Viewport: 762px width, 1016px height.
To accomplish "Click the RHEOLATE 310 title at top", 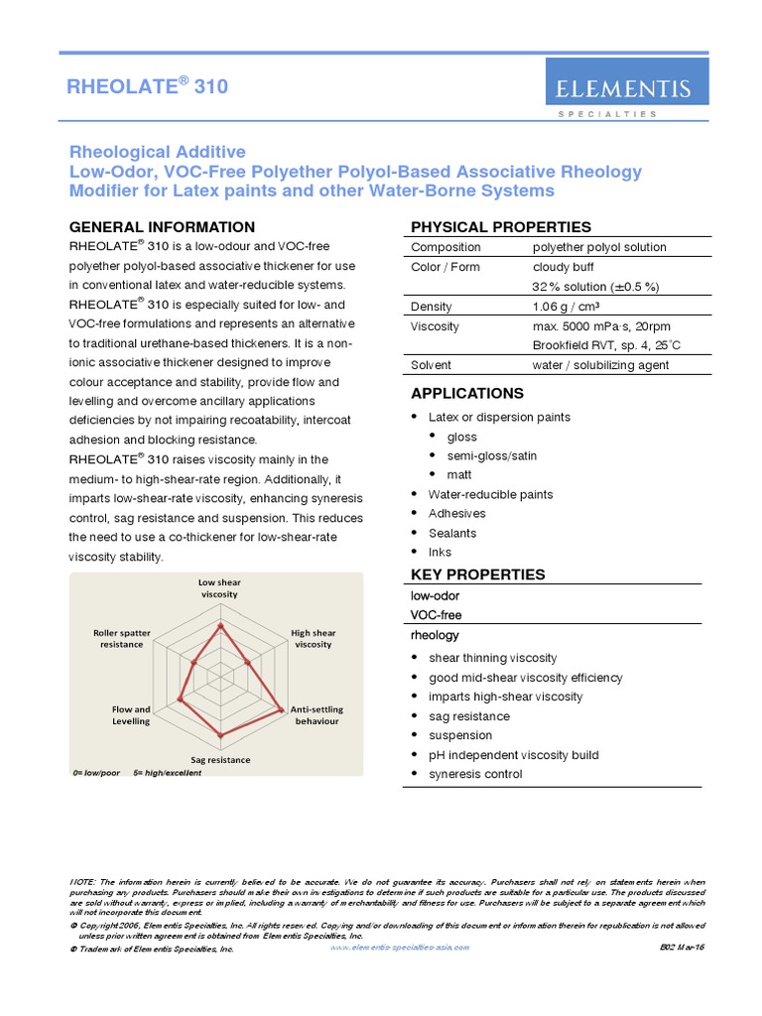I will click(147, 86).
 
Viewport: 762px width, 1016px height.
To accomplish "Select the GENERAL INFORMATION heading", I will click(162, 227).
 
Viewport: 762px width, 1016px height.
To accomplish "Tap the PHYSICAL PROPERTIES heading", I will click(501, 227).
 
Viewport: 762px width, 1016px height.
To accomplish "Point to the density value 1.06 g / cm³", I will click(569, 307).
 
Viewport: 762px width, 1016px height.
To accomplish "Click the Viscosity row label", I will click(436, 325).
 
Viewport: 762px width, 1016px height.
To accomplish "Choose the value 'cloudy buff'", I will click(563, 267).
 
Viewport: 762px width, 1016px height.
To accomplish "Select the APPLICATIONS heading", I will click(467, 393).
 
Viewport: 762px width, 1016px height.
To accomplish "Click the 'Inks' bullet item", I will click(440, 553).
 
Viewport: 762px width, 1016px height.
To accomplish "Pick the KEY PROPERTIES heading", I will click(478, 574).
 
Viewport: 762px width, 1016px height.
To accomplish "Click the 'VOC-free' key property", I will click(437, 615).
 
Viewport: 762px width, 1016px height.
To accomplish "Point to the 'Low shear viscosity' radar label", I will click(220, 588).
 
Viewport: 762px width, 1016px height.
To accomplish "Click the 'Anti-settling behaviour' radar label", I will click(315, 715).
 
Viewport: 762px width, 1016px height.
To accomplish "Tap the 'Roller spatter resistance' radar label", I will click(122, 638).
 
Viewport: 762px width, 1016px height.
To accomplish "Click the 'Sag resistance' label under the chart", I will click(220, 760).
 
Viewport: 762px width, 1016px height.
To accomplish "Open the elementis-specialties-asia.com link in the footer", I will click(398, 948).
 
